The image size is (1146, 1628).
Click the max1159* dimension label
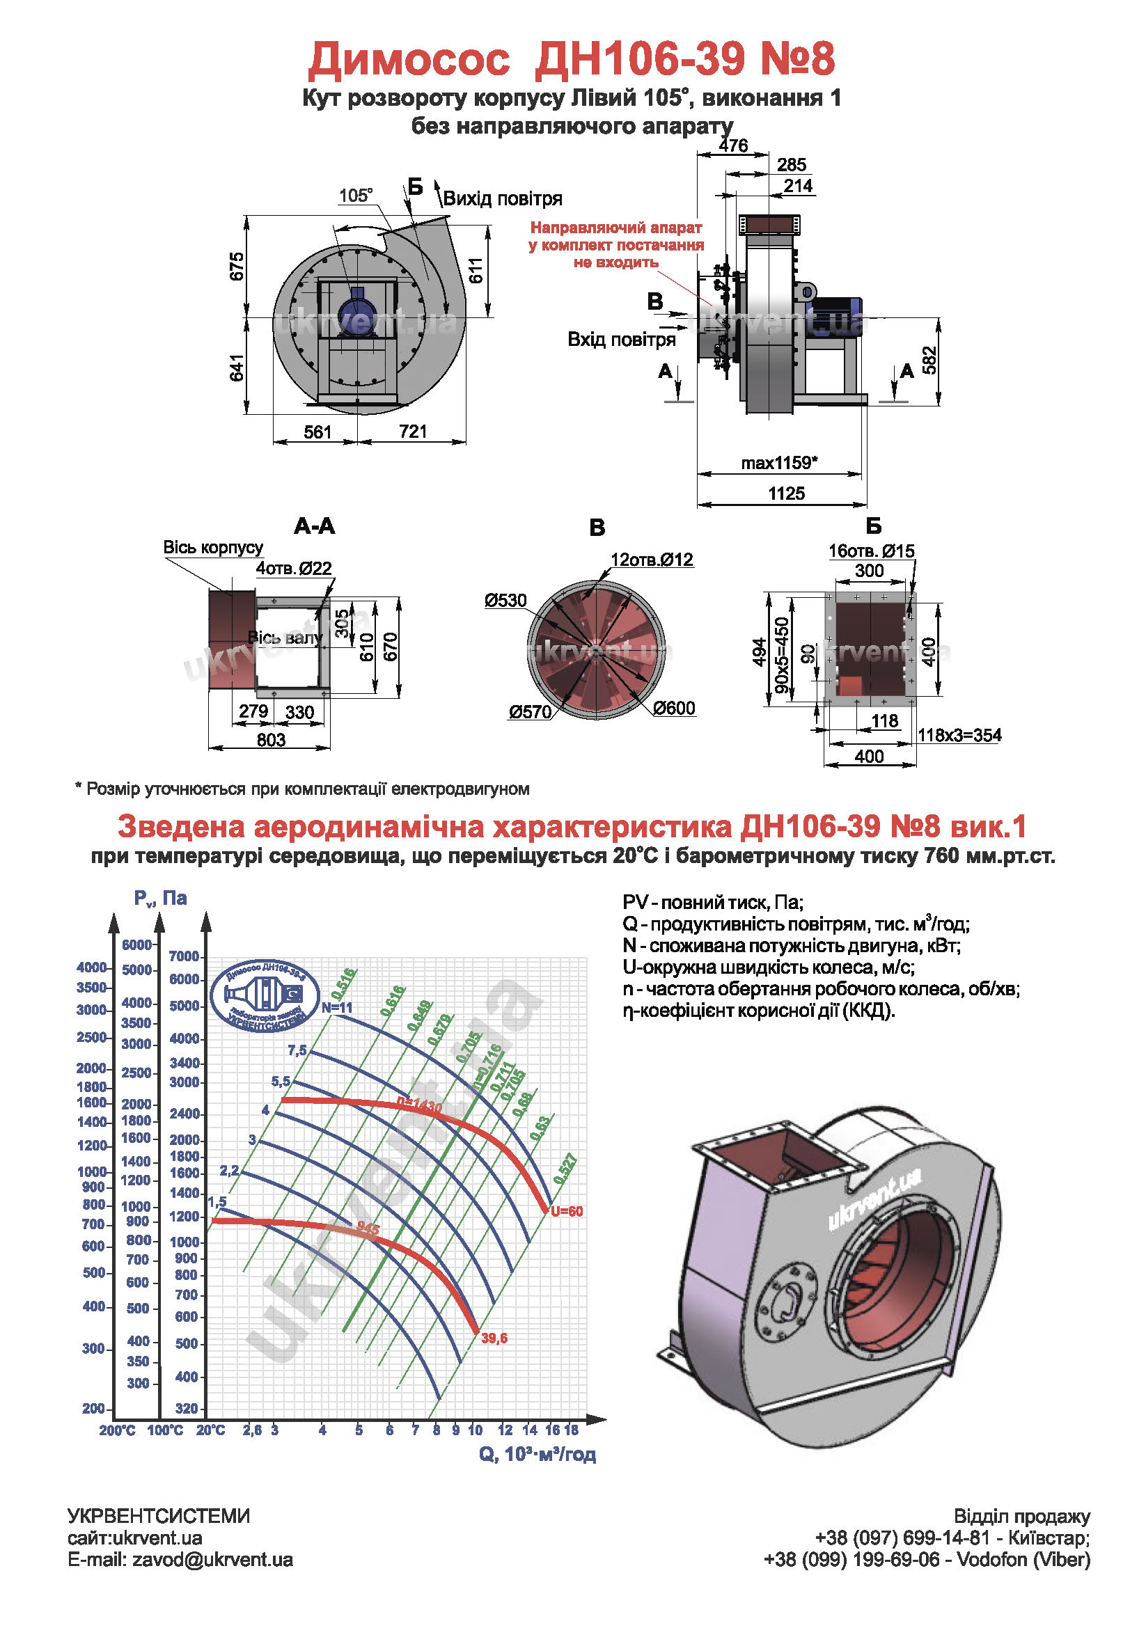[778, 463]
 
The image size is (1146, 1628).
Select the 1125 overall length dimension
[786, 493]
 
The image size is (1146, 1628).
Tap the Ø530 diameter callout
[505, 601]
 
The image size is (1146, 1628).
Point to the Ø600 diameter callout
[674, 708]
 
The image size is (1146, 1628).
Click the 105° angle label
[355, 195]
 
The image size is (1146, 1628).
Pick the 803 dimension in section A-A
[271, 740]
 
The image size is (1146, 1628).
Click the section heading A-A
[314, 526]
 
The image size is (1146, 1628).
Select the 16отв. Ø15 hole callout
[871, 551]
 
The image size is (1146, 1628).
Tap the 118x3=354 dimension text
[959, 735]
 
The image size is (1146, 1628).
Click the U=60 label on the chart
[567, 1211]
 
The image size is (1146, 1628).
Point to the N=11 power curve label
[337, 1008]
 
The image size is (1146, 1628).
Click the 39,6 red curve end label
[494, 1338]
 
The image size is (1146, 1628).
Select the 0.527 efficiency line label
[565, 1169]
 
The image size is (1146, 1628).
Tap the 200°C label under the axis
[117, 1430]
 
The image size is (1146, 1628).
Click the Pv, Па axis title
[160, 898]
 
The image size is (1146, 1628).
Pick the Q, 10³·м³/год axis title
[537, 1454]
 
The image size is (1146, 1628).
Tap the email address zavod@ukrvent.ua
[212, 1560]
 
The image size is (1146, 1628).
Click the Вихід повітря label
[502, 198]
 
